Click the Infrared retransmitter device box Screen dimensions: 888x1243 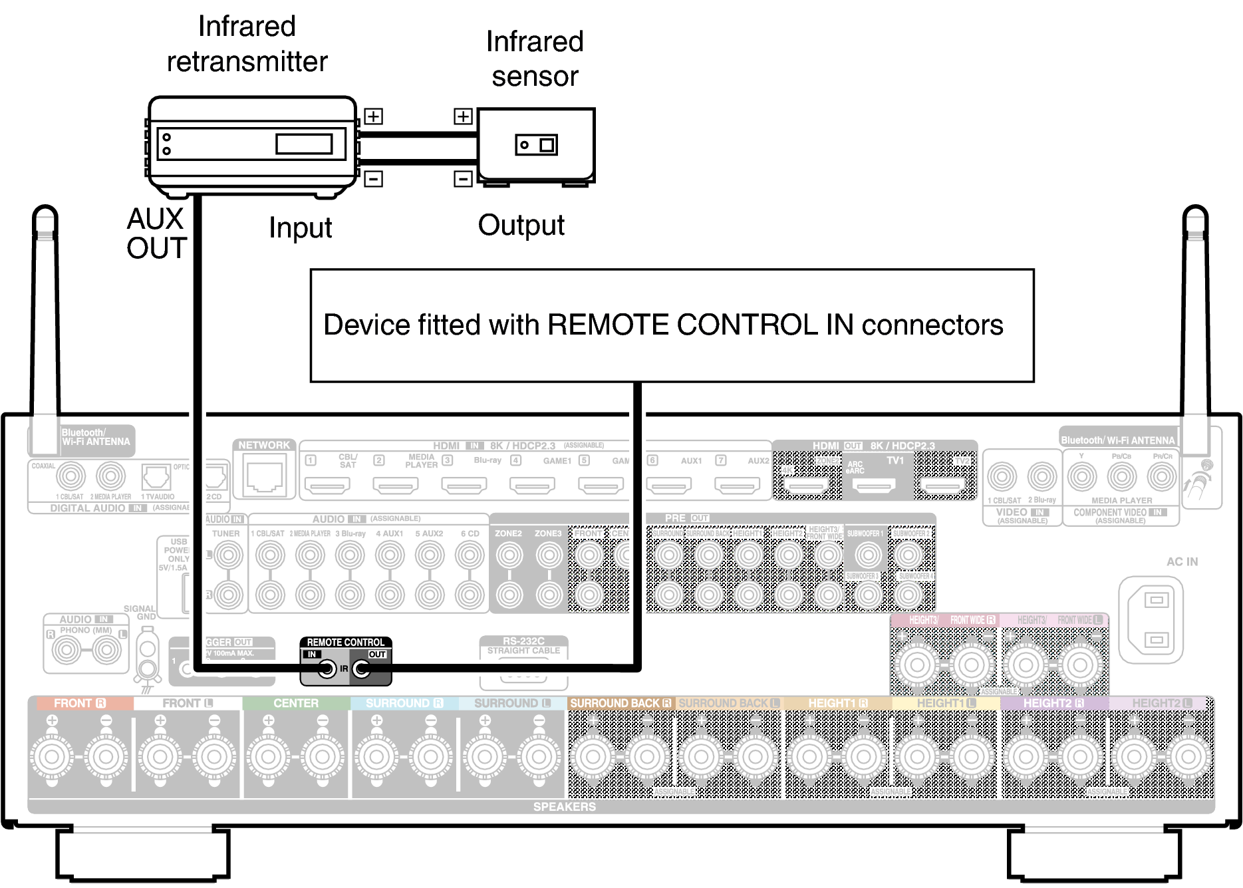coord(251,144)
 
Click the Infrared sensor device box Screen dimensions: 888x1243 coord(536,144)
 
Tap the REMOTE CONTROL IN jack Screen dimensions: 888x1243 coord(327,668)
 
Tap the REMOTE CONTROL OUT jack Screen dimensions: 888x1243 coord(362,668)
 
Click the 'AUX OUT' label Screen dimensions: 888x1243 coord(156,233)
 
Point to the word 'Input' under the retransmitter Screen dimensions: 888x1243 coord(300,228)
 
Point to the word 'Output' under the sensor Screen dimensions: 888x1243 coord(521,225)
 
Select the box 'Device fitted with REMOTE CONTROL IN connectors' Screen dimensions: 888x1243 coord(672,325)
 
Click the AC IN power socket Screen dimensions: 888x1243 coord(1156,620)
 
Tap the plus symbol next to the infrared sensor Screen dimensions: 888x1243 coord(463,116)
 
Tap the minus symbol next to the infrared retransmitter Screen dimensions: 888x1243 coord(373,178)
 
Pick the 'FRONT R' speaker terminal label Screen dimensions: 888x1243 coord(80,703)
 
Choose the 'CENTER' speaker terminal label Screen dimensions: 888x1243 coord(296,703)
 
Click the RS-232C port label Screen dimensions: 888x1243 coord(523,641)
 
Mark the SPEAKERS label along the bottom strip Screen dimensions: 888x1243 coord(564,807)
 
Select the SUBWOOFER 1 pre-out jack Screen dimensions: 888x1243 coord(867,555)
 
